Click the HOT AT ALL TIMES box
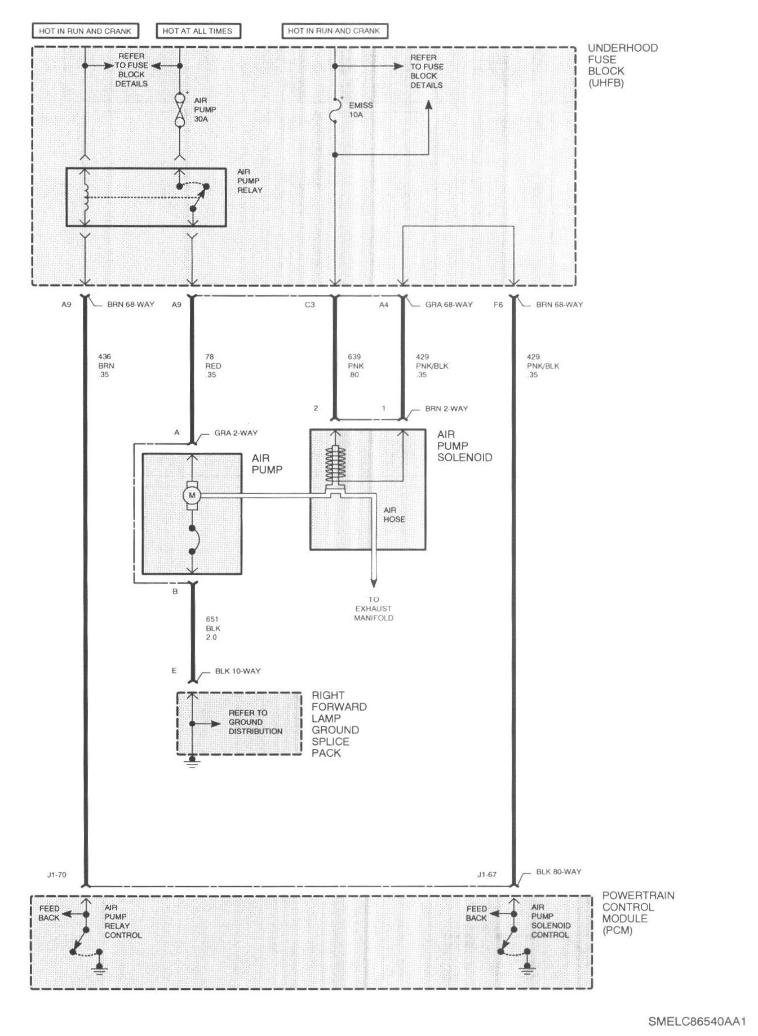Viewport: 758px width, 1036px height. tap(197, 31)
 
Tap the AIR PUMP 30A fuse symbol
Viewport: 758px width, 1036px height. tap(180, 110)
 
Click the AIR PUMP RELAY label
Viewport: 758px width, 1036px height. tap(249, 181)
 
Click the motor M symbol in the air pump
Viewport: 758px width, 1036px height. tap(192, 495)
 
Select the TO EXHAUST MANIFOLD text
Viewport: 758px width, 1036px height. tap(374, 609)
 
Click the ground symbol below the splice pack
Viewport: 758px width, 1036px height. tap(192, 764)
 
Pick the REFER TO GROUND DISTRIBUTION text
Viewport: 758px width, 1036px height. tap(255, 722)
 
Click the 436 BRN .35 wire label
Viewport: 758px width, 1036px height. tap(105, 365)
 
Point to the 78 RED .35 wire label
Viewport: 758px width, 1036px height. tap(212, 365)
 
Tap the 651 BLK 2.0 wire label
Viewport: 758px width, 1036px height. tap(212, 628)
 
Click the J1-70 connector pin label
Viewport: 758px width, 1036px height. tap(57, 875)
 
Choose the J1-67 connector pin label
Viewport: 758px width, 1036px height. tap(486, 875)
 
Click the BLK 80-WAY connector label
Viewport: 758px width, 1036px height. tap(558, 872)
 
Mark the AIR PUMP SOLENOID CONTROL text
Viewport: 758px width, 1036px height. tap(551, 921)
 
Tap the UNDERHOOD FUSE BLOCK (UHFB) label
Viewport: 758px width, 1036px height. tap(622, 65)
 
